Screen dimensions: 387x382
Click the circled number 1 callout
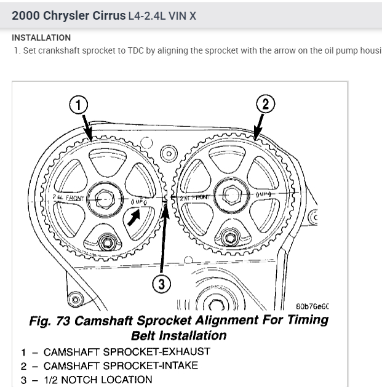[78, 105]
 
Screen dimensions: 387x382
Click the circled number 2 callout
[265, 104]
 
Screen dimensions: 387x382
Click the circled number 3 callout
[162, 283]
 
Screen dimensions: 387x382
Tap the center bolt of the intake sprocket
[232, 196]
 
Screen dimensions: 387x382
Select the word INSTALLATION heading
[41, 38]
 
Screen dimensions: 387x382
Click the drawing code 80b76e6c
[312, 305]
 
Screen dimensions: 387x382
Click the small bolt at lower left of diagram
[76, 300]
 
